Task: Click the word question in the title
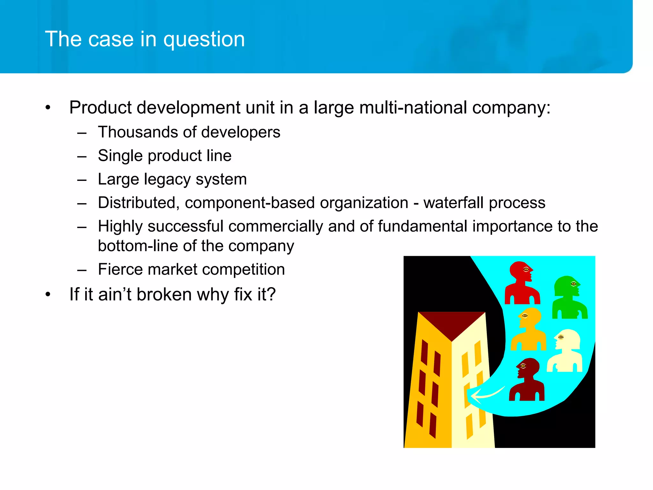click(x=204, y=40)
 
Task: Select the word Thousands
click(x=138, y=132)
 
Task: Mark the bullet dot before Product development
click(x=48, y=108)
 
